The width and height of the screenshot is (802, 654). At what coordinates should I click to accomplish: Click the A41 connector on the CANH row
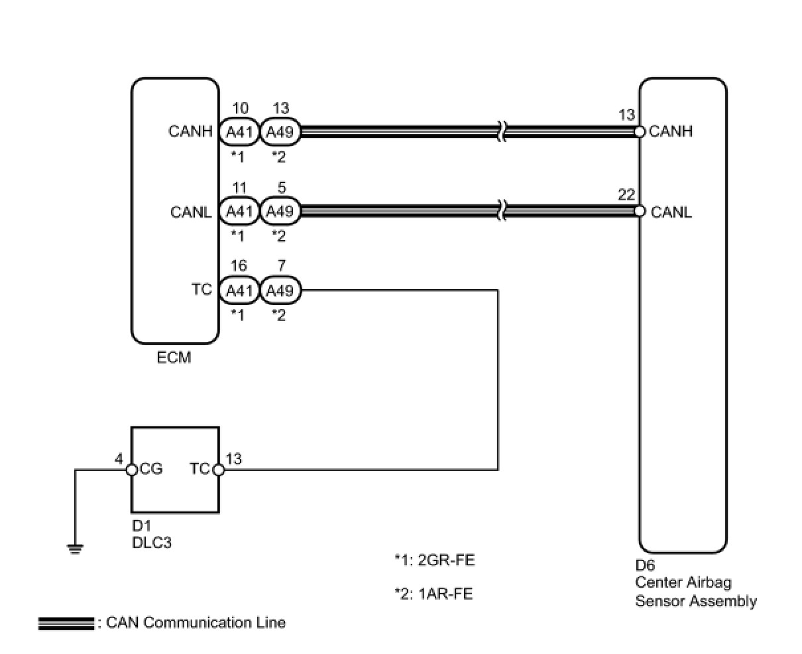coord(239,132)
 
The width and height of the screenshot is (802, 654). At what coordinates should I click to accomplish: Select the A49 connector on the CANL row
coord(280,211)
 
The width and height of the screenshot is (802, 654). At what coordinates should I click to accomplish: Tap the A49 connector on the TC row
coord(280,290)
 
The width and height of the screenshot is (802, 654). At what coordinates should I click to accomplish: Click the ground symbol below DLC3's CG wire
coord(75,549)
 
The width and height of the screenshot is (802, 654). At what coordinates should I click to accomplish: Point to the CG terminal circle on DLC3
coord(131,470)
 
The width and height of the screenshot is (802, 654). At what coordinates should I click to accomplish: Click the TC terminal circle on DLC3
coord(219,470)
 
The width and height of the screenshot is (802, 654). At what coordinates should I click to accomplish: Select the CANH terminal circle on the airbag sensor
coord(640,132)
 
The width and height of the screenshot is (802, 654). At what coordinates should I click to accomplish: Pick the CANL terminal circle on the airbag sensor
coord(640,211)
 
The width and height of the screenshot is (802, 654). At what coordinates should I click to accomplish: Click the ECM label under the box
coord(174,358)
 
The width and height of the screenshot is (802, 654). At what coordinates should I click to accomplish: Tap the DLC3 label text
coord(152,543)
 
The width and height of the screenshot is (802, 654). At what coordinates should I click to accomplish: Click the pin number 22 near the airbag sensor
coord(626,194)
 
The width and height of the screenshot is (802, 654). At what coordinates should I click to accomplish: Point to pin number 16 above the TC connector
coord(239,265)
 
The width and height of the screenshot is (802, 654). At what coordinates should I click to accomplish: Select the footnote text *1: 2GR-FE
coord(435,560)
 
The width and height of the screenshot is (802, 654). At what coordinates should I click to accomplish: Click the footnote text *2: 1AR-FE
coord(433,594)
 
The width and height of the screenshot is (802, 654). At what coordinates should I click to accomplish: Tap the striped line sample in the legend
coord(66,623)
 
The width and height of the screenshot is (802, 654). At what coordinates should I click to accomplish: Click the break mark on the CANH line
coord(502,132)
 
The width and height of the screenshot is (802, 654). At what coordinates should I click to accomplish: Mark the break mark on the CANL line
coord(502,211)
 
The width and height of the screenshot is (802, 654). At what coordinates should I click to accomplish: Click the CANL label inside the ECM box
coord(191,212)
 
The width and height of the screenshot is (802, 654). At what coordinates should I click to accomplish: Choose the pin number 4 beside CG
coord(119,459)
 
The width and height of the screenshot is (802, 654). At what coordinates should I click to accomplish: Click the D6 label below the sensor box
coord(645,565)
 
